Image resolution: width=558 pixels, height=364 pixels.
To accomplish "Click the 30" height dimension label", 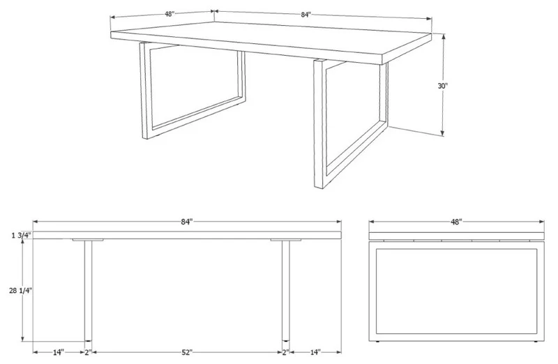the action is click(443, 86).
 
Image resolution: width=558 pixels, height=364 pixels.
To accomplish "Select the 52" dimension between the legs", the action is click(186, 352).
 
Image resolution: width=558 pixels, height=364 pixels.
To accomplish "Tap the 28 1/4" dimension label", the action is click(21, 290).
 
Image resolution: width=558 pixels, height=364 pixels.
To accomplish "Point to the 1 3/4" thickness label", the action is click(22, 235).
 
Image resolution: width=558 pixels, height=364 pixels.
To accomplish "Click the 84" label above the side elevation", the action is click(186, 222).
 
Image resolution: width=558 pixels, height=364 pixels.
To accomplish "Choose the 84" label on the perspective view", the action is click(306, 15).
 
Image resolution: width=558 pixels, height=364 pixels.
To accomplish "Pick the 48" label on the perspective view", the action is click(169, 14).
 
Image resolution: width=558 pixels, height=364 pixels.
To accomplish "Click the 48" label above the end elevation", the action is click(456, 222).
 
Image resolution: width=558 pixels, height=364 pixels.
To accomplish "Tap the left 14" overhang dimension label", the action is click(59, 352).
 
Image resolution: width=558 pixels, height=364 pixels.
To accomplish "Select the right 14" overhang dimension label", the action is click(315, 352).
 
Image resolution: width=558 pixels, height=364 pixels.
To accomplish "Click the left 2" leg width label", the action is click(89, 352).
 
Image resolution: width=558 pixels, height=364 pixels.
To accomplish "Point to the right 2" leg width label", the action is click(286, 352).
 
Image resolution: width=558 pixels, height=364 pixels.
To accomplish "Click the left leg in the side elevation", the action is click(88, 291).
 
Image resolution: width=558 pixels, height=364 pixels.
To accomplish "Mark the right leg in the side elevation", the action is click(286, 291).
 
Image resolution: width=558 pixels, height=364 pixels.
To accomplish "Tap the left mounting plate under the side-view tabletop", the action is click(88, 240).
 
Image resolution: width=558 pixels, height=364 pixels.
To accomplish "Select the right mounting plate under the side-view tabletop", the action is click(286, 240).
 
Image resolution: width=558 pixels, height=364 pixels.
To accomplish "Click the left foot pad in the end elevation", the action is click(377, 342).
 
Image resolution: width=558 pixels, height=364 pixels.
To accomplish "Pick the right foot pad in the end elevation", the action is click(536, 342).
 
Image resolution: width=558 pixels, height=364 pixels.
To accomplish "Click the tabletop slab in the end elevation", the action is click(457, 236).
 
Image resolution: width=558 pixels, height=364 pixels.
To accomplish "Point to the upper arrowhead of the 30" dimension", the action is click(444, 37).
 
